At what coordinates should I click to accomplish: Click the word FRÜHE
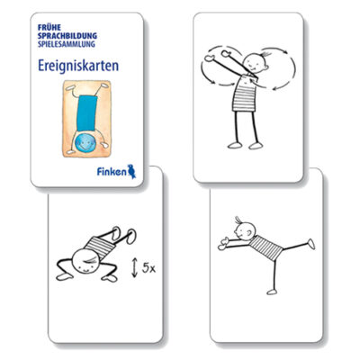click(49, 27)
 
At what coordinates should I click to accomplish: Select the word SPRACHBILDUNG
click(67, 36)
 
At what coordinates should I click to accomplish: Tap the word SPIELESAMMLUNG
click(67, 44)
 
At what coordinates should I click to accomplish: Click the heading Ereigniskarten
click(78, 66)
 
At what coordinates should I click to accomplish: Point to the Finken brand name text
click(112, 172)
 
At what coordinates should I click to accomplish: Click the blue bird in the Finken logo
click(131, 171)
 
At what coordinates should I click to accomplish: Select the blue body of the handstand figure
click(86, 113)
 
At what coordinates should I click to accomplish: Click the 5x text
click(148, 268)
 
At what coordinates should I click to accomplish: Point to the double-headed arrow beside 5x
click(135, 268)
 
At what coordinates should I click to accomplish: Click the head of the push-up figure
click(85, 261)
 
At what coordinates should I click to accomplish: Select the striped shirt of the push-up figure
click(100, 247)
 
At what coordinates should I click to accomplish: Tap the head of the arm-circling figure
click(256, 63)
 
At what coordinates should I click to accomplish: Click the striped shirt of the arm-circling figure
click(245, 94)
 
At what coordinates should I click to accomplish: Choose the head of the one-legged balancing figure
click(245, 231)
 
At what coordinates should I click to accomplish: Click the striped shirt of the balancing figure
click(265, 247)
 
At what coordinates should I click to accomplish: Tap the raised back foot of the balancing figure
click(311, 244)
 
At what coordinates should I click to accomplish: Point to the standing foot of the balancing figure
click(272, 292)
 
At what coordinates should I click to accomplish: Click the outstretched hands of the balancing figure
click(223, 244)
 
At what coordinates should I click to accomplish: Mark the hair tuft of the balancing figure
click(238, 220)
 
